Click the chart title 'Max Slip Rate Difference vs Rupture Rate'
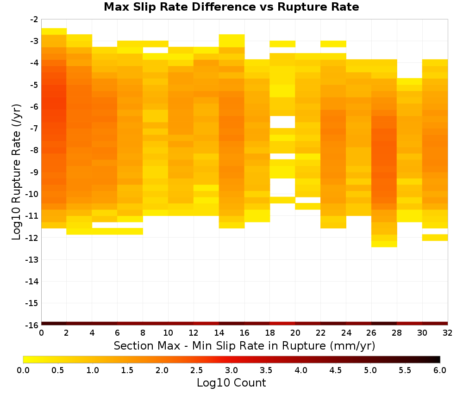[x=231, y=7]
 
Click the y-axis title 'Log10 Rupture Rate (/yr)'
[x=17, y=172]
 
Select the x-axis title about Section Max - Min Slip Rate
[x=244, y=346]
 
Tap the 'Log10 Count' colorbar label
[x=231, y=383]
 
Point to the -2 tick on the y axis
[x=34, y=19]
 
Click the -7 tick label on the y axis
[x=34, y=129]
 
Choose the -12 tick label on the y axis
[x=32, y=238]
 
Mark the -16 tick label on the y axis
[x=32, y=325]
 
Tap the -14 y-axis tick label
[x=32, y=281]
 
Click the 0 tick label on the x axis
[x=41, y=333]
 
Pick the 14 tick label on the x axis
[x=219, y=333]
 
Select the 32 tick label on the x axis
[x=448, y=333]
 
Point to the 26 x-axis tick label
[x=371, y=333]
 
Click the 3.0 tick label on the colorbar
[x=231, y=370]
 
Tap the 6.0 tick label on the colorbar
[x=440, y=370]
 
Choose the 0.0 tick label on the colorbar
[x=23, y=370]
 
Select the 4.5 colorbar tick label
[x=336, y=370]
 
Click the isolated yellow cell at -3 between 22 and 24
[x=333, y=44]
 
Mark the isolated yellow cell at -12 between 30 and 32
[x=435, y=237]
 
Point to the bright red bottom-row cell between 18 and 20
[x=282, y=324]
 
